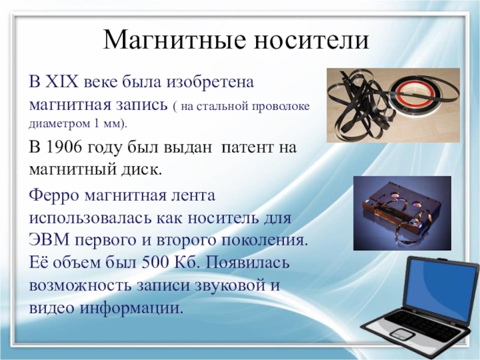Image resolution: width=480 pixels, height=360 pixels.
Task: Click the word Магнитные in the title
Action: click(x=175, y=40)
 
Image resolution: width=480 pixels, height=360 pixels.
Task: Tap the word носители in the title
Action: click(x=311, y=40)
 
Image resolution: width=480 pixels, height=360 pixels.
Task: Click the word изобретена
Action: click(x=210, y=82)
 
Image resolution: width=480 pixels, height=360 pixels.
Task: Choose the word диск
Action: click(x=145, y=170)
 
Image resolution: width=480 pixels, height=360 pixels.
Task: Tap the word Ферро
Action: click(x=54, y=195)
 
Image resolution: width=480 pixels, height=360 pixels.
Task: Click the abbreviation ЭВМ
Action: click(x=49, y=239)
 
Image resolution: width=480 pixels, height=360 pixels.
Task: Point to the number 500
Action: click(x=155, y=262)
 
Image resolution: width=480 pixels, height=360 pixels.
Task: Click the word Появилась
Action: click(x=247, y=262)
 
